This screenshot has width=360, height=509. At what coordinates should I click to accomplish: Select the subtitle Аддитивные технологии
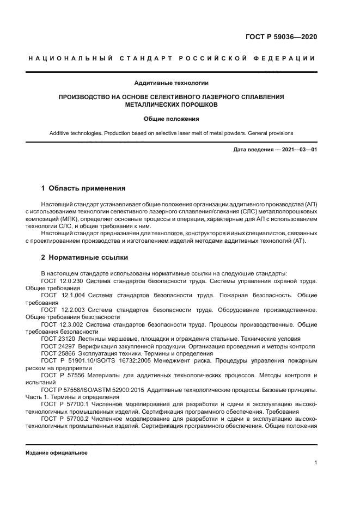point(172,83)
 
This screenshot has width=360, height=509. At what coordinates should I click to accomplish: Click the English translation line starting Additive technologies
point(172,133)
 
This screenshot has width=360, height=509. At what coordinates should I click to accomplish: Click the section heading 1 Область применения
point(83,188)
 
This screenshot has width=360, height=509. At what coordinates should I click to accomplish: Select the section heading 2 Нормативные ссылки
point(84,257)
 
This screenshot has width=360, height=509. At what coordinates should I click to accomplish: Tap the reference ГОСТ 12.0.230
point(61,281)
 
